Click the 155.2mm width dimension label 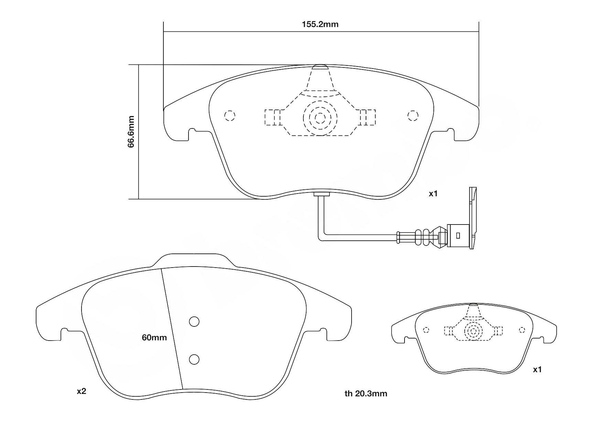320,24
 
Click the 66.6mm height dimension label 131,132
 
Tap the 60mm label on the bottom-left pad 154,338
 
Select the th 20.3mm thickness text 366,394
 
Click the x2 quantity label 81,392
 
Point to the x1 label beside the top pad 433,194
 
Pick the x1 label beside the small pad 537,370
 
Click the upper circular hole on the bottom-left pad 194,321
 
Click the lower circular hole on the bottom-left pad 194,359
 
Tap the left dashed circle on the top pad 229,116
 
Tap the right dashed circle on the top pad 412,116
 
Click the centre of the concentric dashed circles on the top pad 320,118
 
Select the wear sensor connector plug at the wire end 458,236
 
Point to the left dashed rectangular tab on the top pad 272,117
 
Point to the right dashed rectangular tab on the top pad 367,117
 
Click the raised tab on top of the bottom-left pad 194,260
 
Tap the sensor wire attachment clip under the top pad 322,195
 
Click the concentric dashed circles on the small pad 473,331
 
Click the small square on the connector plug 457,236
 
